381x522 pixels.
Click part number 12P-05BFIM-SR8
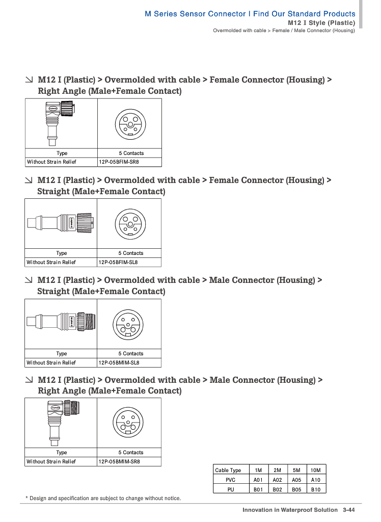click(x=119, y=162)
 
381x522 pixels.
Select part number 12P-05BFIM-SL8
click(x=118, y=263)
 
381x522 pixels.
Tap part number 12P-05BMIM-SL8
click(x=119, y=363)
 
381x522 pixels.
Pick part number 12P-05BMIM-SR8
click(x=119, y=462)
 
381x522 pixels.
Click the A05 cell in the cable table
click(x=296, y=480)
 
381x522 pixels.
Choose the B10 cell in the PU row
click(x=316, y=489)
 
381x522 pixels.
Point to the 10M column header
click(x=316, y=470)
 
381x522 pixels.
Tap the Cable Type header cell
click(x=228, y=470)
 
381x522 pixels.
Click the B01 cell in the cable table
click(x=258, y=489)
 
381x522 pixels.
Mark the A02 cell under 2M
click(x=277, y=480)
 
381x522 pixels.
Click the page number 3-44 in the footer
click(x=349, y=510)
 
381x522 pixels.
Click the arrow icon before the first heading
click(x=30, y=80)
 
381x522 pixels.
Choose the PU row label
click(x=230, y=489)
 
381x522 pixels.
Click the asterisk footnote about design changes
click(x=103, y=498)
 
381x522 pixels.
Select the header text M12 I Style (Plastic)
click(x=321, y=23)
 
